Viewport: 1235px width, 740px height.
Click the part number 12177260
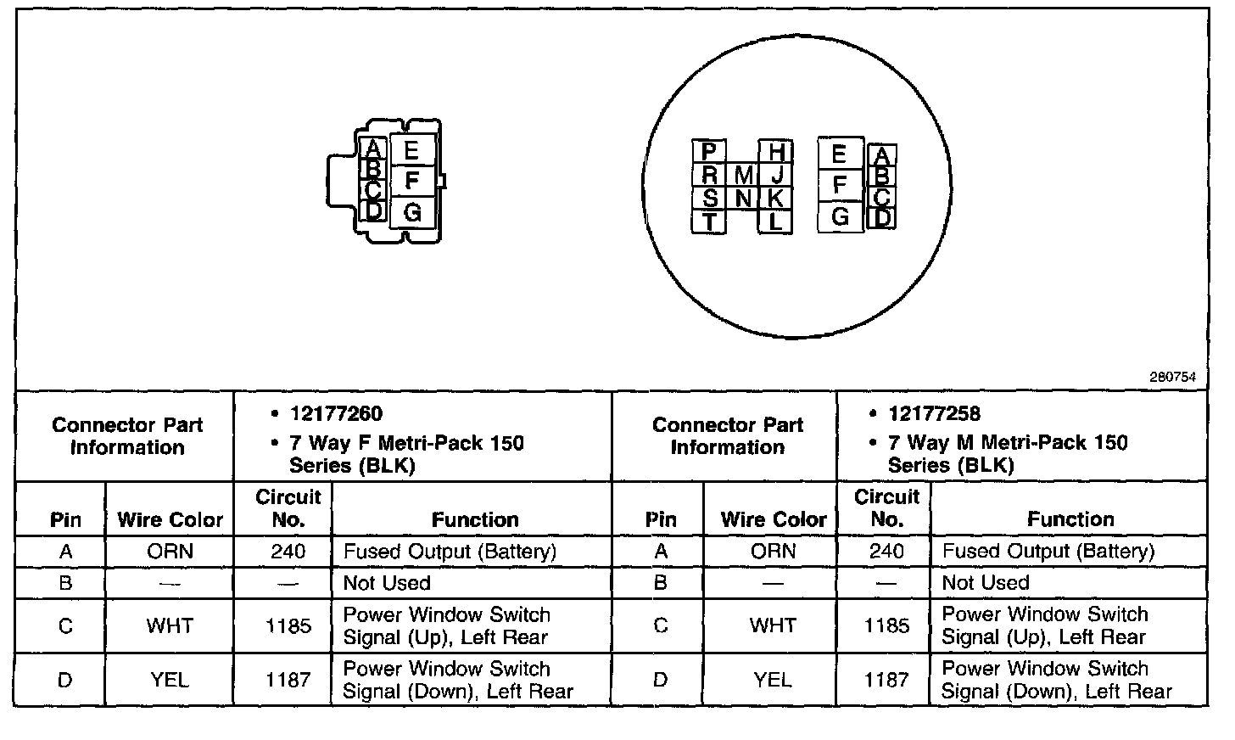(x=336, y=414)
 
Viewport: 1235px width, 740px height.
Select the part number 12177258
(x=934, y=414)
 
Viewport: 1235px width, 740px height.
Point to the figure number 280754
(x=1178, y=378)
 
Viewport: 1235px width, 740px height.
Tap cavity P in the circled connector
(x=710, y=153)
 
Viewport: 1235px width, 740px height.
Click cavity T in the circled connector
(x=710, y=222)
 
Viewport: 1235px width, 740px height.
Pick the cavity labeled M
(x=743, y=176)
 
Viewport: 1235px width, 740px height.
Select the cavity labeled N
(x=743, y=199)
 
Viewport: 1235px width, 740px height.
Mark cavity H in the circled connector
(x=775, y=153)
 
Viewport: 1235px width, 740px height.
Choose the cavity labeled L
(x=775, y=222)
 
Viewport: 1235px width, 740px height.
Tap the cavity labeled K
(x=775, y=199)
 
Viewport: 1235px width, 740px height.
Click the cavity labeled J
(x=775, y=176)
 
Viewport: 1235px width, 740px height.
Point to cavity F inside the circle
(x=840, y=185)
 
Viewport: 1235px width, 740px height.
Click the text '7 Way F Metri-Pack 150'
(x=407, y=443)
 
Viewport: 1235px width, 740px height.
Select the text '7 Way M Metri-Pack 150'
(x=1008, y=443)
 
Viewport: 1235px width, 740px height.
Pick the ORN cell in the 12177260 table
(x=170, y=552)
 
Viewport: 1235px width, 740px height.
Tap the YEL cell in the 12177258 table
(x=772, y=680)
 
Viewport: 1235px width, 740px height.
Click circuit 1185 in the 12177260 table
(x=288, y=626)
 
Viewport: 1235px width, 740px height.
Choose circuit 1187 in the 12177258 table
(x=886, y=680)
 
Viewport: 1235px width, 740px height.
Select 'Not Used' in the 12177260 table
(x=387, y=583)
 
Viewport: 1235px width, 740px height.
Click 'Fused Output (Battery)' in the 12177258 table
(x=1048, y=552)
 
